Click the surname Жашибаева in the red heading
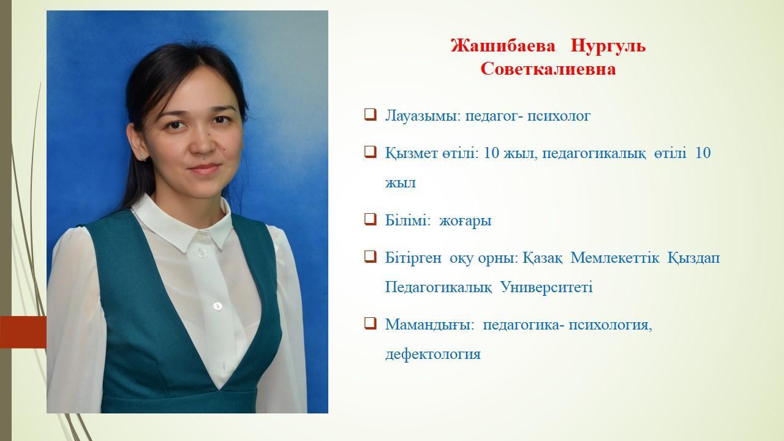503,46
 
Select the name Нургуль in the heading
608,47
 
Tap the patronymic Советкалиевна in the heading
548,69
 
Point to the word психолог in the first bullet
559,116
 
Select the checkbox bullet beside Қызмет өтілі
371,152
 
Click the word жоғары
465,221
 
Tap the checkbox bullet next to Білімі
371,219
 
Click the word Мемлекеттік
614,258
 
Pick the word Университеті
546,287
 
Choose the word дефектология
433,354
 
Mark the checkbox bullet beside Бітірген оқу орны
371,257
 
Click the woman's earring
143,156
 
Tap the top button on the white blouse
202,253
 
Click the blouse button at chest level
217,306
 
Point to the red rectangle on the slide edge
23,332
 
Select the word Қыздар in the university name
694,258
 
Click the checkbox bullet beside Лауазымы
371,115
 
